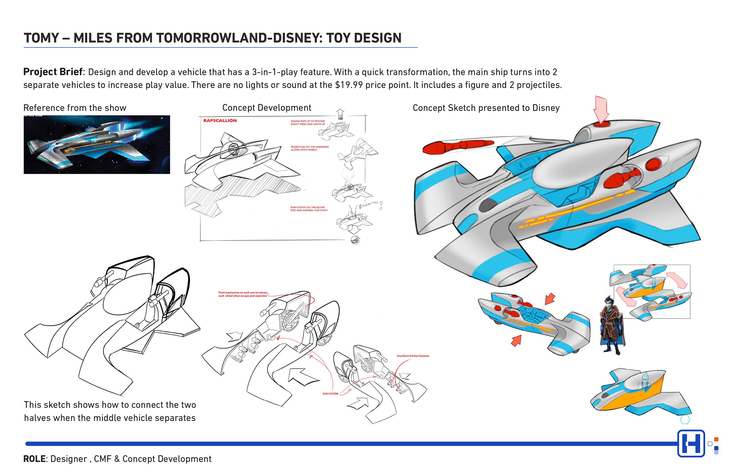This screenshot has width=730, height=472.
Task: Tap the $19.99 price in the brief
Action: pos(349,85)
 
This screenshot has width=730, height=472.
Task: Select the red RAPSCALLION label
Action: pos(220,120)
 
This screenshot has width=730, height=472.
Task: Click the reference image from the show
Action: pos(97,144)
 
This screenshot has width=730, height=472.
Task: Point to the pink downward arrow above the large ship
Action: pos(601,110)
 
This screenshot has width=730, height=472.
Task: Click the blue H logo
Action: pos(691,443)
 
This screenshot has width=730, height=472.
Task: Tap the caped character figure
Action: pos(611,325)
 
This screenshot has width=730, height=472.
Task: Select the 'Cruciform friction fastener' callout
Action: pos(413,356)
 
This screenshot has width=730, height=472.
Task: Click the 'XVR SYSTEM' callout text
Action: pos(330,394)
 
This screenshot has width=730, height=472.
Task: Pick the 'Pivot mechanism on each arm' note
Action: pos(243,294)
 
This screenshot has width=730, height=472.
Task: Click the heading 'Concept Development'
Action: pos(267,108)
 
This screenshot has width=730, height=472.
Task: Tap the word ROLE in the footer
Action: pos(34,459)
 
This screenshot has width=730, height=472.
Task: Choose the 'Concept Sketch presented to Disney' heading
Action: pos(486,108)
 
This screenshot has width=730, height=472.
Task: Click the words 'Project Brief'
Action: pos(53,72)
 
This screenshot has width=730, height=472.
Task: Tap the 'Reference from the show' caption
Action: pos(75,108)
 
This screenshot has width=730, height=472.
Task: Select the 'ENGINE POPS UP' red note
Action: pos(308,123)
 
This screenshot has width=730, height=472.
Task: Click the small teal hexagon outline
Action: pos(685,420)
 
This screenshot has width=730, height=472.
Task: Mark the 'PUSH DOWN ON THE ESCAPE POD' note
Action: pos(309,209)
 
